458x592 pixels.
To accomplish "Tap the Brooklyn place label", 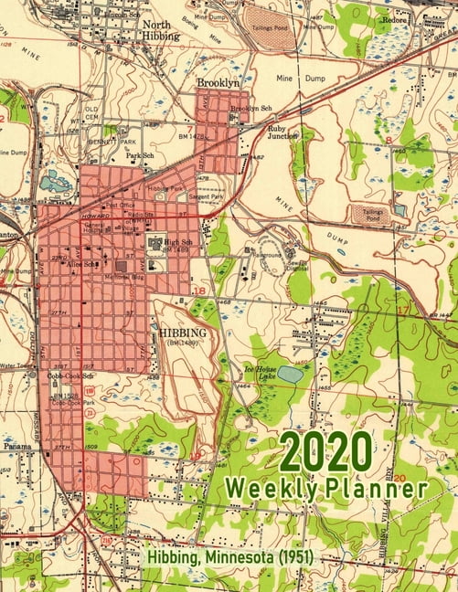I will click(x=218, y=82).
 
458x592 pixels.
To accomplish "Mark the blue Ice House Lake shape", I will click(x=290, y=374).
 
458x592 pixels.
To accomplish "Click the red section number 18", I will click(x=199, y=290).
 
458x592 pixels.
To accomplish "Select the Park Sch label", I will click(x=139, y=156).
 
